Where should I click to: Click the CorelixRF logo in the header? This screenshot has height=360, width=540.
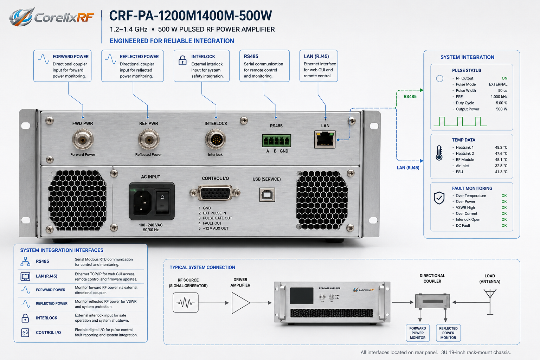51,17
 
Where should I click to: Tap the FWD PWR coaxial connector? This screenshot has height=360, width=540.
83,139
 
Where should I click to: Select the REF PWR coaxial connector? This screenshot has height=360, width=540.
148,139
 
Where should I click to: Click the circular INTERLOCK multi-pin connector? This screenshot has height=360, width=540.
216,139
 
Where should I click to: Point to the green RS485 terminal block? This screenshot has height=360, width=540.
277,141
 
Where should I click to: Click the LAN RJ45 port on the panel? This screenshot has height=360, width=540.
325,139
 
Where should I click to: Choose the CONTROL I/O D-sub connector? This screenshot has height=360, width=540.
215,193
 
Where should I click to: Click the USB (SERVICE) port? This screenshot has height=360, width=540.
267,194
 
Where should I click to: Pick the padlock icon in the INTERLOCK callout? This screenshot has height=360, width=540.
182,60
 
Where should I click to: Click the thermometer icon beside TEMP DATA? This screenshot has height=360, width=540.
439,153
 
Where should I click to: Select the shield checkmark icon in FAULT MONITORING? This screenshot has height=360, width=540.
439,198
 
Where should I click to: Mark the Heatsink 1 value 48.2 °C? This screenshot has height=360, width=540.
501,147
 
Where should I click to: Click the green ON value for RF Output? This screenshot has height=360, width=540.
504,78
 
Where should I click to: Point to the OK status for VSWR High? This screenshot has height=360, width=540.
504,207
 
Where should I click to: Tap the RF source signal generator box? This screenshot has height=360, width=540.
186,303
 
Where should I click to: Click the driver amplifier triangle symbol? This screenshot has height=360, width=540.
240,303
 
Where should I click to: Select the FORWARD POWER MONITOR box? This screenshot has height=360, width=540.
418,333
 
